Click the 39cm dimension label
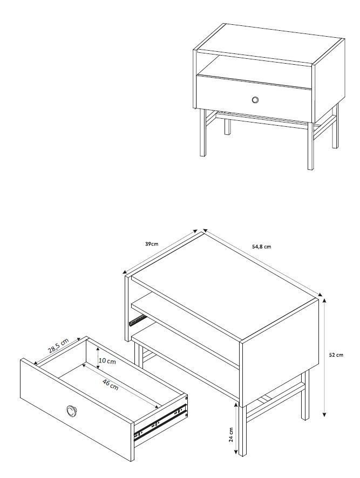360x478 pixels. point(151,244)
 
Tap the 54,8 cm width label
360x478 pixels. point(261,247)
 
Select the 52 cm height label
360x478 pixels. point(336,355)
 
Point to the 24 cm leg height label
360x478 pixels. point(231,434)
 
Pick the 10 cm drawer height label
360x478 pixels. point(107,361)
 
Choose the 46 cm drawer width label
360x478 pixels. point(110,385)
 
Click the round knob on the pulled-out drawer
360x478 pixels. point(72,411)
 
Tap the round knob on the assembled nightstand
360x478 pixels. point(255,100)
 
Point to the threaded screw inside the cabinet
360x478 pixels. point(137,320)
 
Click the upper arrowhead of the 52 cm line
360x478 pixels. point(324,301)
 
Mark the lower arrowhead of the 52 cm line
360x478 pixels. point(324,414)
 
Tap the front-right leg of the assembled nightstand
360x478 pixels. point(310,146)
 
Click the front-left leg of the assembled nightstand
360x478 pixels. point(202,133)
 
